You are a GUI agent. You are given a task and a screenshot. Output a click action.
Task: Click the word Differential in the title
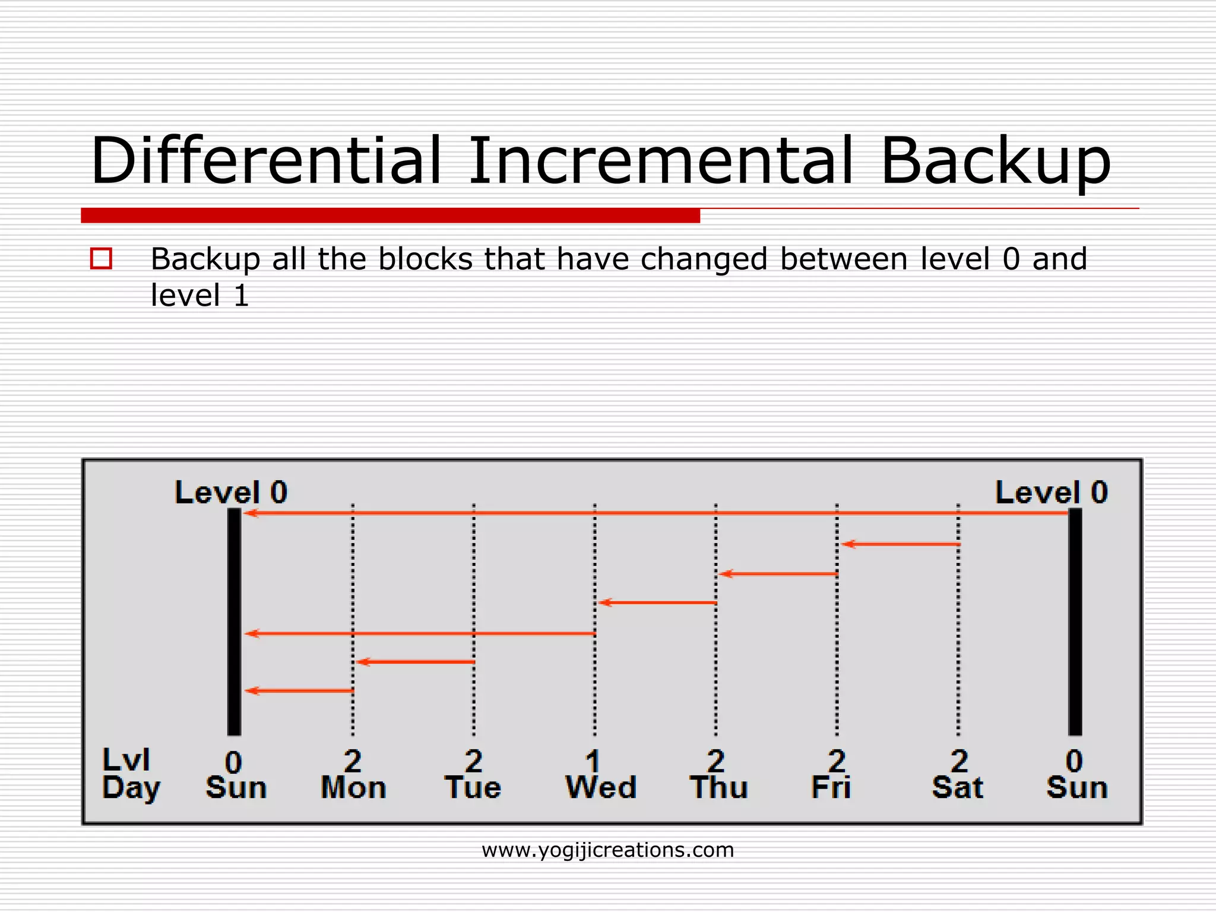tap(266, 161)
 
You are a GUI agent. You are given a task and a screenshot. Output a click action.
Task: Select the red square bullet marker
tap(101, 259)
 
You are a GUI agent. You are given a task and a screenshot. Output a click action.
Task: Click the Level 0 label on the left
tap(231, 493)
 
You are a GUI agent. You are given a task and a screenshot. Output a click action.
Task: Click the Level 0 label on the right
tap(1051, 493)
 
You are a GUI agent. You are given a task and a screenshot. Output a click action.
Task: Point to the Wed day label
tap(600, 788)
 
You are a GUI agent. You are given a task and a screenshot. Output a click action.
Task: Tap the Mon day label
tap(353, 788)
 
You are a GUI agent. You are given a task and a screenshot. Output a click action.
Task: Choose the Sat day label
tap(957, 788)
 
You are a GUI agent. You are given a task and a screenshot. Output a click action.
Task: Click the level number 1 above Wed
tap(593, 761)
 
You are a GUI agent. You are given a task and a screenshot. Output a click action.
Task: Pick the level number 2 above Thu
tap(715, 761)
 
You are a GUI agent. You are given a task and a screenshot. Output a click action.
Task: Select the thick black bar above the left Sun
tap(234, 621)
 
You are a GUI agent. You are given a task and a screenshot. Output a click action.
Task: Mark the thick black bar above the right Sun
tap(1075, 621)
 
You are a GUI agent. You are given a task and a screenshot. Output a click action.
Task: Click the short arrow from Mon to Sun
tap(300, 691)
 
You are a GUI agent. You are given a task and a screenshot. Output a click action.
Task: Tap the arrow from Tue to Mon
tap(416, 661)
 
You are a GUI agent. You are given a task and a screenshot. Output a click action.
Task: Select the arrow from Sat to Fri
tap(901, 544)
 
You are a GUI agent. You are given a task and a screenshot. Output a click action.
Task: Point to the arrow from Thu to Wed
tap(658, 603)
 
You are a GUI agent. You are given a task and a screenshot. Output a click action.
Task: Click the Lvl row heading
tap(126, 760)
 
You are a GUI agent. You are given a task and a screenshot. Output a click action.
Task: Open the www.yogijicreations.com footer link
tap(607, 850)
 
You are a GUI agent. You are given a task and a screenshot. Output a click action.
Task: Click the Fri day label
tap(831, 788)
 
